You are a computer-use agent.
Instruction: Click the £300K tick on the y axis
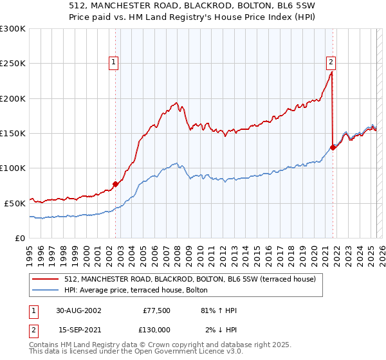[x=13, y=29]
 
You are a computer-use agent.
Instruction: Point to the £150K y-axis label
[x=13, y=133]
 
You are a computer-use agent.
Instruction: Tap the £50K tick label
[x=15, y=203]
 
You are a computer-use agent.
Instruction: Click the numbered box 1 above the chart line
[x=113, y=62]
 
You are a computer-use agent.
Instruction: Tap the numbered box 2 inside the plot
[x=331, y=62]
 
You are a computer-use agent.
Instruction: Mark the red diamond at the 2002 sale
[x=116, y=184]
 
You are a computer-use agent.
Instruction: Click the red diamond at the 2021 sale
[x=333, y=147]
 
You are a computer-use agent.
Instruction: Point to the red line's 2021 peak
[x=331, y=72]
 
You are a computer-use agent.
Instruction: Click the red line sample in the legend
[x=46, y=280]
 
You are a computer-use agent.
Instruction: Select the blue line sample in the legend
[x=46, y=291]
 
